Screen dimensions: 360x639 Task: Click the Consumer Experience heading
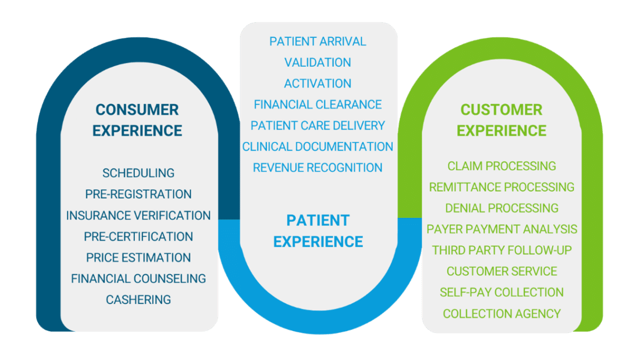137,120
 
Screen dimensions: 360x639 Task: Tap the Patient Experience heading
318,231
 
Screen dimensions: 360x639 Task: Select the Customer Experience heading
501,120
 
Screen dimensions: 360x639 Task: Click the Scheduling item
138,173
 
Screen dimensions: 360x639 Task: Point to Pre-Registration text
138,194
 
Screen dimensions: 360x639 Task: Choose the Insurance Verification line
138,215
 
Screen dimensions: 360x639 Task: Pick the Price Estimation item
138,257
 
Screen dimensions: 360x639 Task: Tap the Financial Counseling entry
138,279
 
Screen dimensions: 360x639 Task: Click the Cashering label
138,299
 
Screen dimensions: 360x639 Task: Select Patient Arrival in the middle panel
318,42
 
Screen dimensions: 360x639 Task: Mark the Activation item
318,84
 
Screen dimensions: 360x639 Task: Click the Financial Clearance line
318,104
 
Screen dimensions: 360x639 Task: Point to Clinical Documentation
318,146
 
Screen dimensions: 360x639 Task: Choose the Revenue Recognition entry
318,167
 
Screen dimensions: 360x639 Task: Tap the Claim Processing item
502,166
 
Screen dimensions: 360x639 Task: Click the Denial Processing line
502,208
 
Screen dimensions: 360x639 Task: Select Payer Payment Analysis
502,229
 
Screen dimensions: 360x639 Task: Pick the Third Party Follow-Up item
502,250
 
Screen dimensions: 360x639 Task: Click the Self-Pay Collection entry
502,292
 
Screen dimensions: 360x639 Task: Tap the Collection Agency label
502,313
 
